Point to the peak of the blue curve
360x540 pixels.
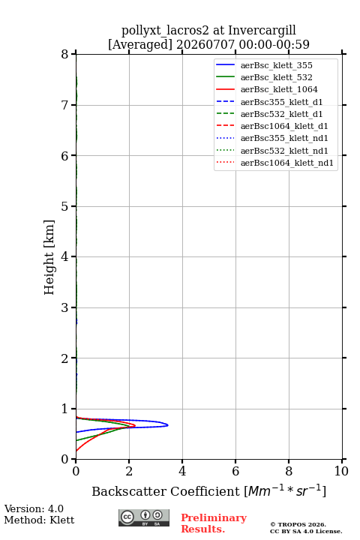click(x=168, y=425)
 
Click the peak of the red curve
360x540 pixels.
click(x=135, y=426)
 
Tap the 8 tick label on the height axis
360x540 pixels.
click(x=65, y=54)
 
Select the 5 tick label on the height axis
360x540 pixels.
click(x=65, y=206)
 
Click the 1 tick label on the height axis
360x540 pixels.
click(x=65, y=409)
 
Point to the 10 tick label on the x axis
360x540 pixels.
click(x=341, y=471)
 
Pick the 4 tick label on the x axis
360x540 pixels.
click(x=182, y=471)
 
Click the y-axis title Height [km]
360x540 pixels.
click(x=49, y=257)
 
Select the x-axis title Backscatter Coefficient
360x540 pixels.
click(x=165, y=491)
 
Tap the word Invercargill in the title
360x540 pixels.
click(x=262, y=30)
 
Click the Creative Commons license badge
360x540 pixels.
click(x=144, y=517)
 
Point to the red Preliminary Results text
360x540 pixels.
click(x=214, y=523)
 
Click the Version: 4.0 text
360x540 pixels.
click(x=34, y=508)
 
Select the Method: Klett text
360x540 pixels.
click(x=39, y=520)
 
